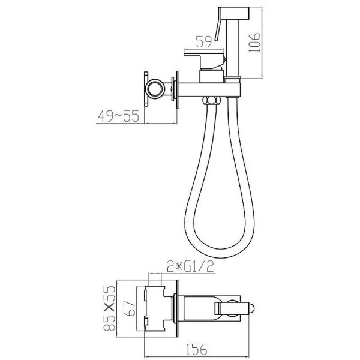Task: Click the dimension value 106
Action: coord(255,43)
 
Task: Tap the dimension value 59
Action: coord(203,42)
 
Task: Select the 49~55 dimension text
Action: coord(118,116)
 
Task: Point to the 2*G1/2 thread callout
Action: coord(190,266)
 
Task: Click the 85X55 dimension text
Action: coord(109,308)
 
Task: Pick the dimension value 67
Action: coord(131,308)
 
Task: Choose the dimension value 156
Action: coord(196,349)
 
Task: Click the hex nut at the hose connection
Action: coord(211,101)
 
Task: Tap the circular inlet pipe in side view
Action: coord(155,88)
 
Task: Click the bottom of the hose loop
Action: coord(218,253)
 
